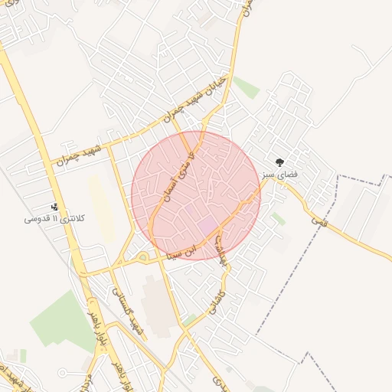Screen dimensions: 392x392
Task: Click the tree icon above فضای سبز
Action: click(279, 162)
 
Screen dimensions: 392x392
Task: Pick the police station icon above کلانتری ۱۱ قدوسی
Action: click(55, 206)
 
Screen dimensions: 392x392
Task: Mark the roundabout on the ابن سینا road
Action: click(143, 257)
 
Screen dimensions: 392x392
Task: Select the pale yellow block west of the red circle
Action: click(100, 207)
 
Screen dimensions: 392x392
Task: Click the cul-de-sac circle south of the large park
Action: click(62, 374)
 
